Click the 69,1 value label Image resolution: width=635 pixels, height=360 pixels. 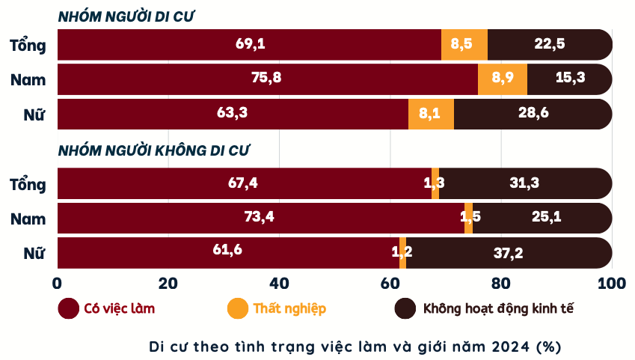[251, 43]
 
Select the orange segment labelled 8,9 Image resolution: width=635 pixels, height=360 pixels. [503, 79]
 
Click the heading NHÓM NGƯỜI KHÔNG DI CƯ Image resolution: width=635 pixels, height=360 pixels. [154, 150]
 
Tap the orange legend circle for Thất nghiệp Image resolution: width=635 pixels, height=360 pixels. [238, 308]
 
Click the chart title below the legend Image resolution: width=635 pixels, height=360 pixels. [355, 347]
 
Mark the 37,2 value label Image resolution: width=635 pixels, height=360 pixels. [508, 253]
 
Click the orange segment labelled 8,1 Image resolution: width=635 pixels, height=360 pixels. [431, 114]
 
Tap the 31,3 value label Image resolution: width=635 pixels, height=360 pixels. [524, 183]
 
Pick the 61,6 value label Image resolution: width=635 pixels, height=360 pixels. [227, 250]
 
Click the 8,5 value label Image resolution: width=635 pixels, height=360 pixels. [461, 43]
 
